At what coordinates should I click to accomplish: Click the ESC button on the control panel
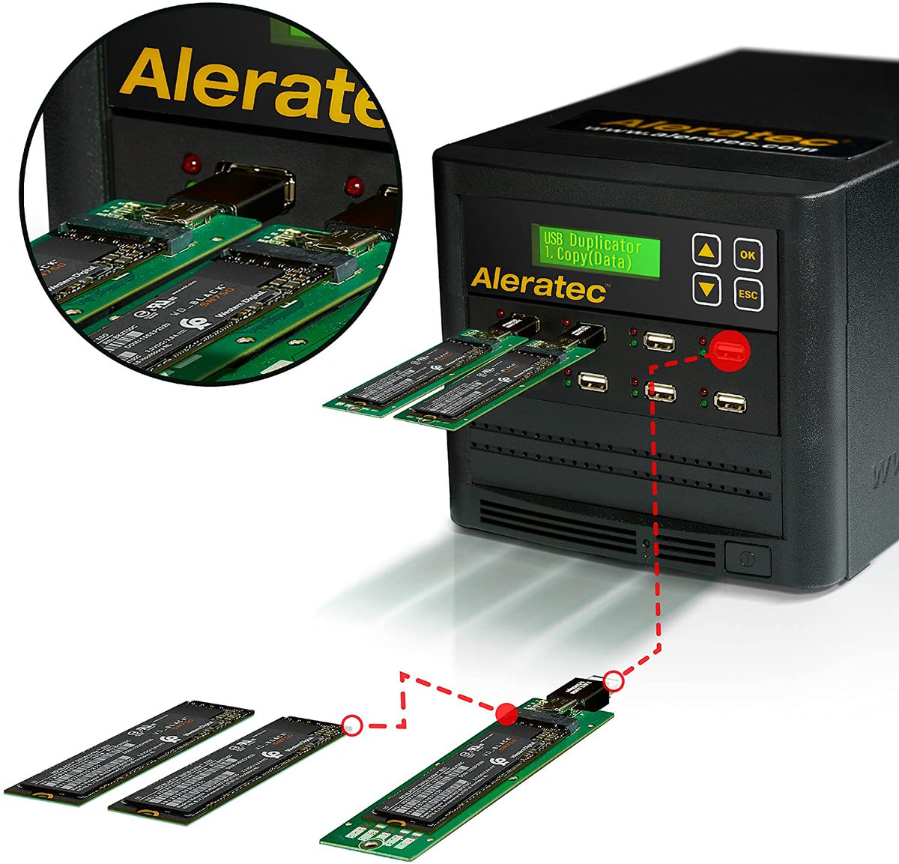pyautogui.click(x=748, y=294)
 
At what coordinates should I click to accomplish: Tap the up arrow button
pyautogui.click(x=706, y=250)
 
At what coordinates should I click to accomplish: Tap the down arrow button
pyautogui.click(x=706, y=288)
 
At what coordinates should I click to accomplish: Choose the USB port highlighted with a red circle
pyautogui.click(x=730, y=351)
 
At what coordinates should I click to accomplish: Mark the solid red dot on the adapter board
pyautogui.click(x=507, y=713)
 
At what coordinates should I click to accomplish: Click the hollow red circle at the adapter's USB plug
pyautogui.click(x=614, y=680)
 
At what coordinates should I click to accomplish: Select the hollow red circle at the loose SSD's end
pyautogui.click(x=351, y=725)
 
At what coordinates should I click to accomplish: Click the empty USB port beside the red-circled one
pyautogui.click(x=659, y=342)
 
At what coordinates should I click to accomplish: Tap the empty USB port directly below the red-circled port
pyautogui.click(x=730, y=402)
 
